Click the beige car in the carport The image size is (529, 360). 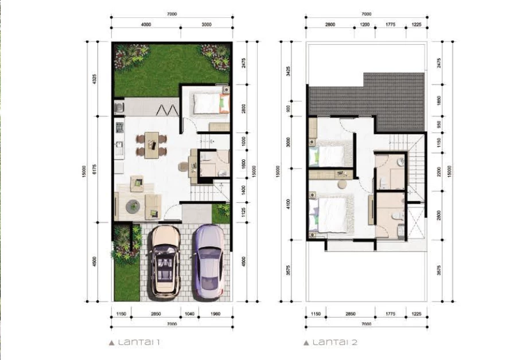[x=165, y=261]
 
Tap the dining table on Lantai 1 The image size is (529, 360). [x=151, y=145]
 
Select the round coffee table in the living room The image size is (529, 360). [x=133, y=206]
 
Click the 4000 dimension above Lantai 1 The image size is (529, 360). [x=146, y=25]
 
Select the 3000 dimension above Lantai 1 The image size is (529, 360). [x=207, y=25]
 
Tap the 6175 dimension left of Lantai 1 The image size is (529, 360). [x=95, y=169]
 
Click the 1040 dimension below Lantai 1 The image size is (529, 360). [x=189, y=314]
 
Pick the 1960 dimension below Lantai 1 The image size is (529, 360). [x=215, y=314]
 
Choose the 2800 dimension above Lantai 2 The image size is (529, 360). [x=330, y=25]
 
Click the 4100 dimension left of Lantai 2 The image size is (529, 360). [x=288, y=204]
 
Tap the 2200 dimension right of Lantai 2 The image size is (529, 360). [x=438, y=171]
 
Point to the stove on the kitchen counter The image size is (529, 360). [x=119, y=127]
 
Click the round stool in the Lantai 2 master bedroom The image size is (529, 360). [x=343, y=185]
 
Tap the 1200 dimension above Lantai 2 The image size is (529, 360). [x=365, y=25]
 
